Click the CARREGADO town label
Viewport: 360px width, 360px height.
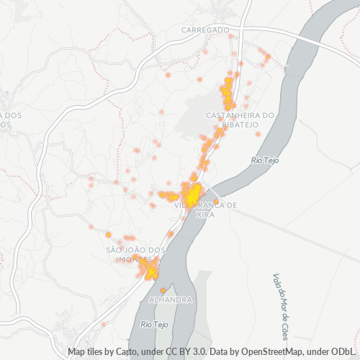click(205, 30)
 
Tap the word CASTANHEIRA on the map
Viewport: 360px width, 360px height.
click(233, 115)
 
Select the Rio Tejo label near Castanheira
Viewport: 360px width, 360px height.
click(264, 160)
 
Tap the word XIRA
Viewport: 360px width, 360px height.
click(205, 214)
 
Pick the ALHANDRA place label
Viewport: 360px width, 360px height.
click(169, 298)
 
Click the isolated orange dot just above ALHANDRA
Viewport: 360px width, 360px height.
click(163, 290)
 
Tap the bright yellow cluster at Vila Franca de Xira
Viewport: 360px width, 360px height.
click(192, 194)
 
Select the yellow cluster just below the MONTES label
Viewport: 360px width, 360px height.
click(150, 271)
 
